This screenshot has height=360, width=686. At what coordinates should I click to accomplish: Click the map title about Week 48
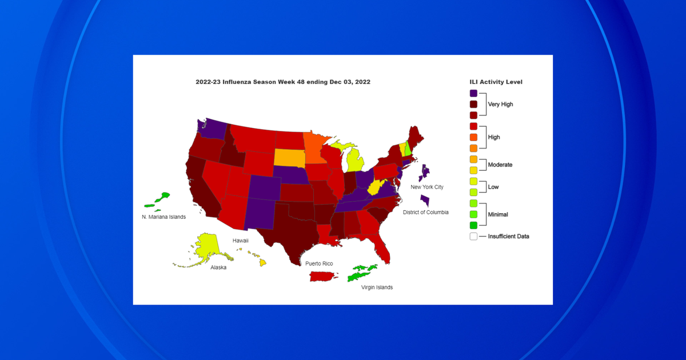tap(283, 82)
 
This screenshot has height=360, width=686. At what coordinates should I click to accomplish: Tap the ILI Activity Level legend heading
tap(495, 82)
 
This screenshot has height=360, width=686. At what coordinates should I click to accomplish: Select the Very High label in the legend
tap(501, 105)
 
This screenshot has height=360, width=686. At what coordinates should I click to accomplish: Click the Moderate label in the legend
tap(500, 165)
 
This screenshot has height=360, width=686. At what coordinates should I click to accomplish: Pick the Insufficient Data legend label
tap(508, 236)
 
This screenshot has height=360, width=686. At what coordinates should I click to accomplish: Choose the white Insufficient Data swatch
tap(473, 236)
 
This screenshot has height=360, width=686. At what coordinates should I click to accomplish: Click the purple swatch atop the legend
tap(473, 93)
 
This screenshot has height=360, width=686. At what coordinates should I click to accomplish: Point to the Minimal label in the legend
tap(498, 214)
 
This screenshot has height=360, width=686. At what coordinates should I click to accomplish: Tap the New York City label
tap(427, 187)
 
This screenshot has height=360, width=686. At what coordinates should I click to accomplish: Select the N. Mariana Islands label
tap(163, 217)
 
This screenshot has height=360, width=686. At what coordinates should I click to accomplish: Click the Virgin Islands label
tap(377, 287)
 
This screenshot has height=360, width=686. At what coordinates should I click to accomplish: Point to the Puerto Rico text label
tap(319, 263)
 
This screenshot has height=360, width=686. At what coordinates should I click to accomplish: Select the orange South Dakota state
tap(289, 157)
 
